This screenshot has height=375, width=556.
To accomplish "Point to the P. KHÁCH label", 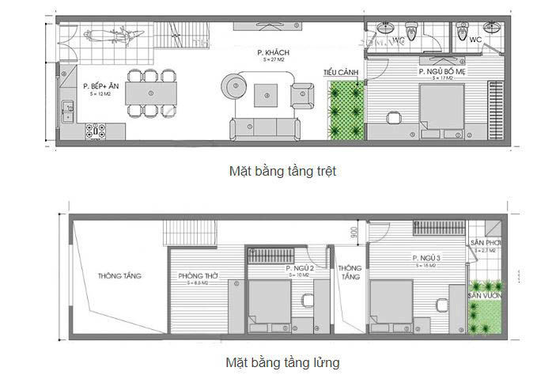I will pyautogui.click(x=270, y=53).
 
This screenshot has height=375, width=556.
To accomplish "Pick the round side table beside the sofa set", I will pyautogui.click(x=233, y=85).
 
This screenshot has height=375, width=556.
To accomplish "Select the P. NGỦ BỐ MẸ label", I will pyautogui.click(x=440, y=71).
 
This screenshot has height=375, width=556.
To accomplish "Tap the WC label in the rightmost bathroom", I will pyautogui.click(x=475, y=39).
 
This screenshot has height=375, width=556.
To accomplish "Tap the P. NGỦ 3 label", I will pyautogui.click(x=427, y=259).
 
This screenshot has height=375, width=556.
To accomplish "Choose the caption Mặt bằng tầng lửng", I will pyautogui.click(x=283, y=362).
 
